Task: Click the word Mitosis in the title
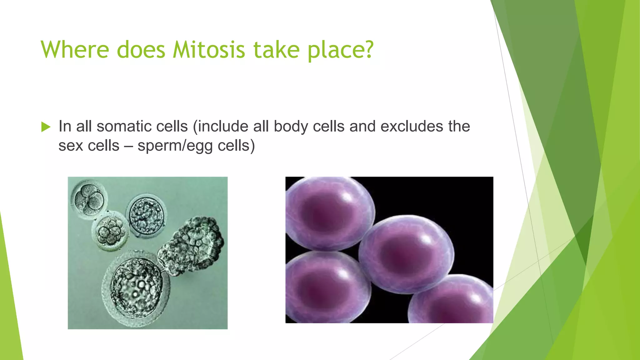209,50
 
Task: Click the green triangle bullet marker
46,127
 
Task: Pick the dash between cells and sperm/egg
128,146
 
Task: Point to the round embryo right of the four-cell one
146,216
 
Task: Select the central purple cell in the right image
405,253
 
